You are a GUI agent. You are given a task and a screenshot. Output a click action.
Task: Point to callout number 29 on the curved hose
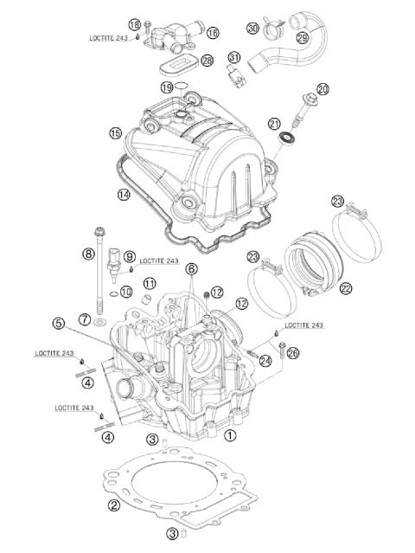[303, 38]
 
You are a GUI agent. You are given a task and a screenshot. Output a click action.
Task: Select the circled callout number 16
[212, 32]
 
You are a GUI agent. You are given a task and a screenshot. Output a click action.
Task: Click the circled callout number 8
[87, 254]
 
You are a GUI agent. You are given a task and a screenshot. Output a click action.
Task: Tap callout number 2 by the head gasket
[112, 505]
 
